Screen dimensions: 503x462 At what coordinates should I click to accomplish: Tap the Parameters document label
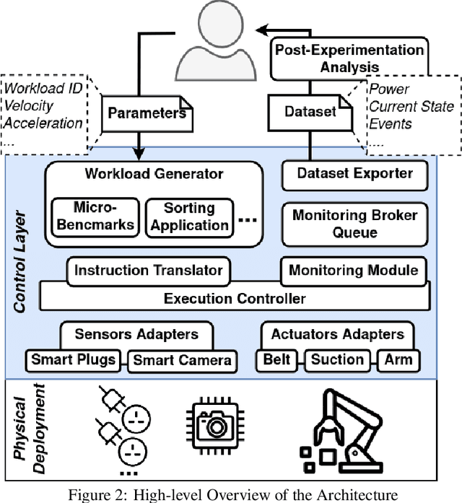147,113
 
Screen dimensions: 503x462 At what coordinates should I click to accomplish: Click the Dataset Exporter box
356,173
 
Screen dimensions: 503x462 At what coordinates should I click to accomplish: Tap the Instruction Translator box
149,271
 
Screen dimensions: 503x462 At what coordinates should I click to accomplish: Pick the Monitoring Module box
353,271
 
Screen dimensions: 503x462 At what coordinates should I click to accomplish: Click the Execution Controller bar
235,298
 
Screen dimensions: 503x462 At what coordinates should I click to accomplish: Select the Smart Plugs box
72,360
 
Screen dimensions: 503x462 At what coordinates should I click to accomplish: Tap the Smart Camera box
182,360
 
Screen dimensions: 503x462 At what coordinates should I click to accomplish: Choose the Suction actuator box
338,359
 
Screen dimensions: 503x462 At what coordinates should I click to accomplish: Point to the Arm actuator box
397,359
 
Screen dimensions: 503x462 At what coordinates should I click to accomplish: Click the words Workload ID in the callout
42,92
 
